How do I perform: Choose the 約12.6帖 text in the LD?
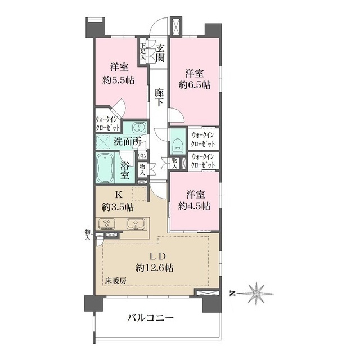tap(154, 268)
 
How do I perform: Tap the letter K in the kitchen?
tap(119, 195)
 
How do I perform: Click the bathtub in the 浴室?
tap(107, 167)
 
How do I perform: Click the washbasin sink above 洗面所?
tap(135, 127)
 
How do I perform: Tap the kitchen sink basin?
tap(135, 224)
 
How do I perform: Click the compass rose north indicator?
tap(257, 292)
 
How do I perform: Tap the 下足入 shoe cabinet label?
tap(143, 51)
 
